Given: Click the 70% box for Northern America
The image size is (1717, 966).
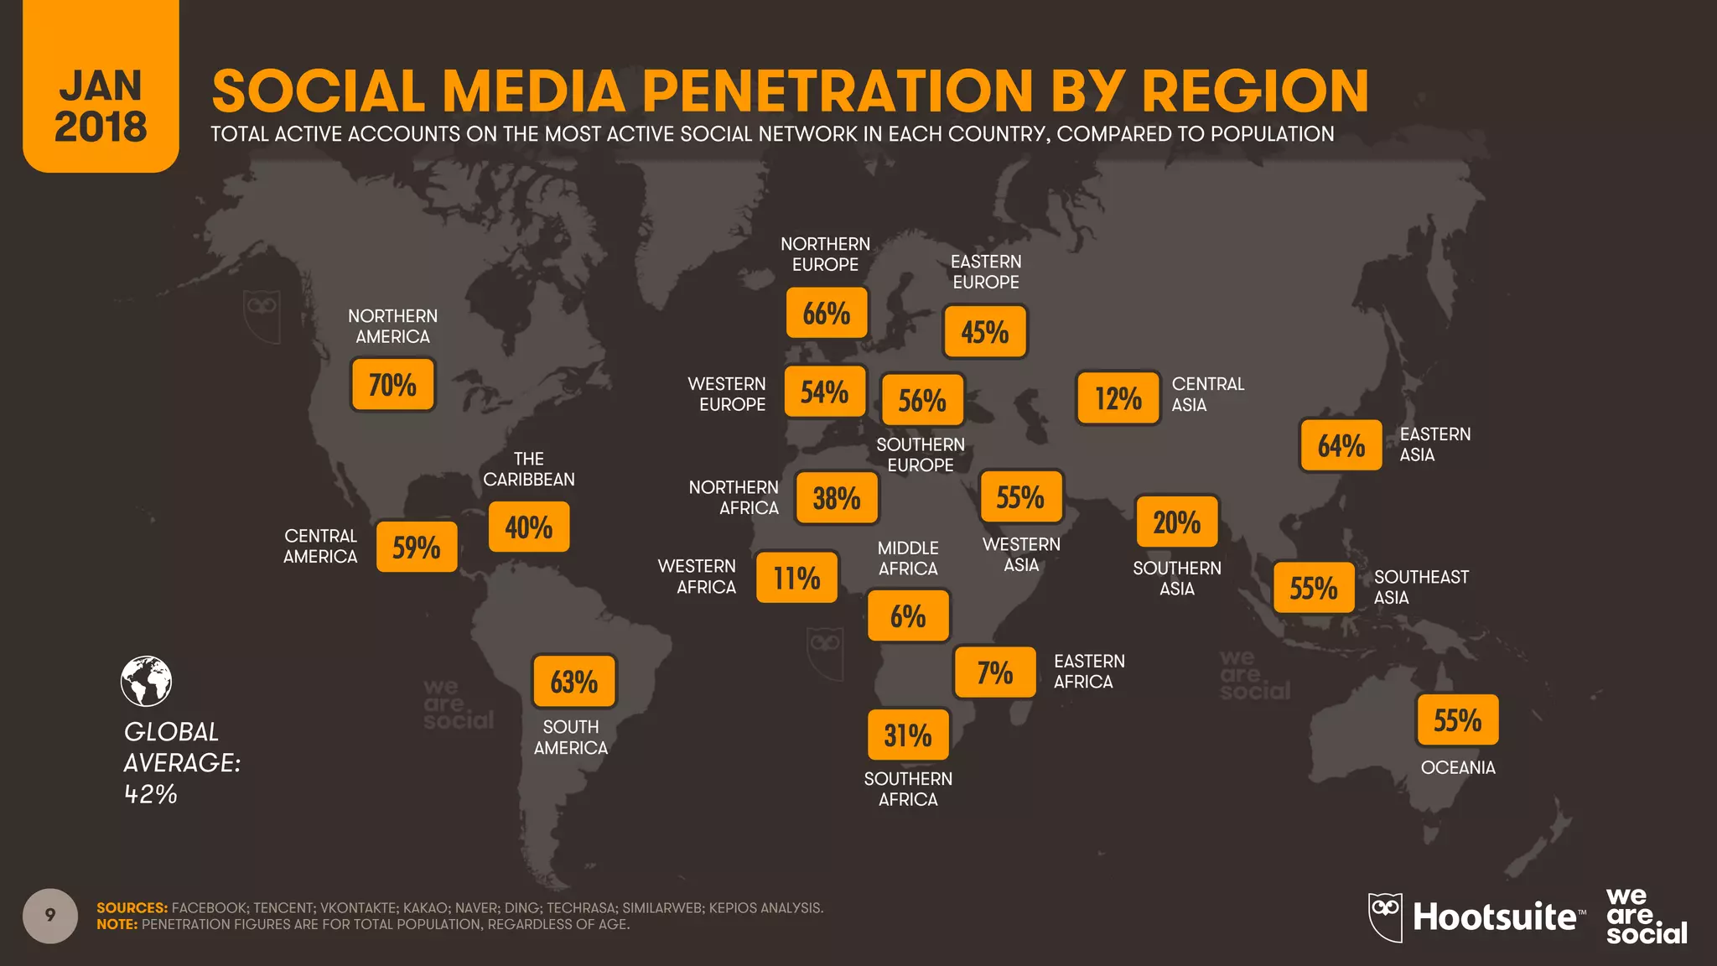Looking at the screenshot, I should [x=392, y=385].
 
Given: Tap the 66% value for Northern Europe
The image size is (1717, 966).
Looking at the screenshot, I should [x=826, y=313].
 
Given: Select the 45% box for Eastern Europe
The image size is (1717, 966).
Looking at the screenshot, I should [x=984, y=332].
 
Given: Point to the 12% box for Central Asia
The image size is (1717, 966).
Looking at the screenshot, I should [x=1118, y=398].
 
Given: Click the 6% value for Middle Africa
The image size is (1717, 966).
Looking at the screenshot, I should [x=908, y=616].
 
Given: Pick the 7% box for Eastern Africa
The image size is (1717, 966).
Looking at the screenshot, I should [x=994, y=673].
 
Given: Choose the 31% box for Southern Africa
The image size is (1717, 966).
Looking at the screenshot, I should [x=908, y=735].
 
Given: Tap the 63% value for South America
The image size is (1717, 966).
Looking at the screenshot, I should [x=573, y=682].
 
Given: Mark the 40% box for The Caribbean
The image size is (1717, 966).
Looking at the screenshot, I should [x=528, y=527].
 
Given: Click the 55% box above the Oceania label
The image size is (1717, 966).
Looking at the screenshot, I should [x=1457, y=720].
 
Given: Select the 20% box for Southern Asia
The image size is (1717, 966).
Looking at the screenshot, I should [x=1176, y=522].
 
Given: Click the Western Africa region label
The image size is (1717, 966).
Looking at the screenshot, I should [x=698, y=577].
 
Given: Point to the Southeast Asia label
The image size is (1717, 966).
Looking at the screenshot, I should [x=1421, y=587].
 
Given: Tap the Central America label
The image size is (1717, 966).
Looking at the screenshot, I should [x=320, y=546].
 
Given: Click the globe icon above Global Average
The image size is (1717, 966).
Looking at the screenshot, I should [x=146, y=681].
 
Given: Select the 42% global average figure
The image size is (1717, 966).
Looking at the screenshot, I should [x=151, y=794].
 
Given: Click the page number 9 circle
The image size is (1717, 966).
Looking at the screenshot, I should [x=50, y=916].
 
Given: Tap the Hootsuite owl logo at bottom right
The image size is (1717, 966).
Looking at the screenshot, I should [x=1385, y=917].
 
